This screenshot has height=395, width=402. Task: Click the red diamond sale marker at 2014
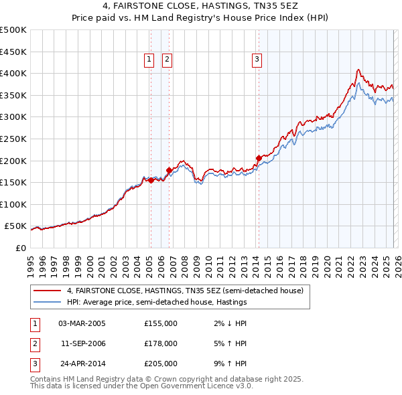[259, 158]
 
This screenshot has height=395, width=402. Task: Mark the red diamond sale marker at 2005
[151, 180]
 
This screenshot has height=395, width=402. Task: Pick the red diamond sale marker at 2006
[169, 170]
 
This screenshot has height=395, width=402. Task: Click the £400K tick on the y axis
[13, 73]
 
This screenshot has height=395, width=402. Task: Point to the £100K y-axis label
[13, 204]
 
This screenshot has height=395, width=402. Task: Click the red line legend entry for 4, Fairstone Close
[184, 291]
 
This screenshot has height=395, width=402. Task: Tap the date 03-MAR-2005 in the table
[82, 323]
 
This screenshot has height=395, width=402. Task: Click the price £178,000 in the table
[160, 343]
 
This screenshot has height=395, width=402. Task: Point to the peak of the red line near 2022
[358, 69]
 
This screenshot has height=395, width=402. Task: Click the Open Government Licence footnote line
[141, 386]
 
